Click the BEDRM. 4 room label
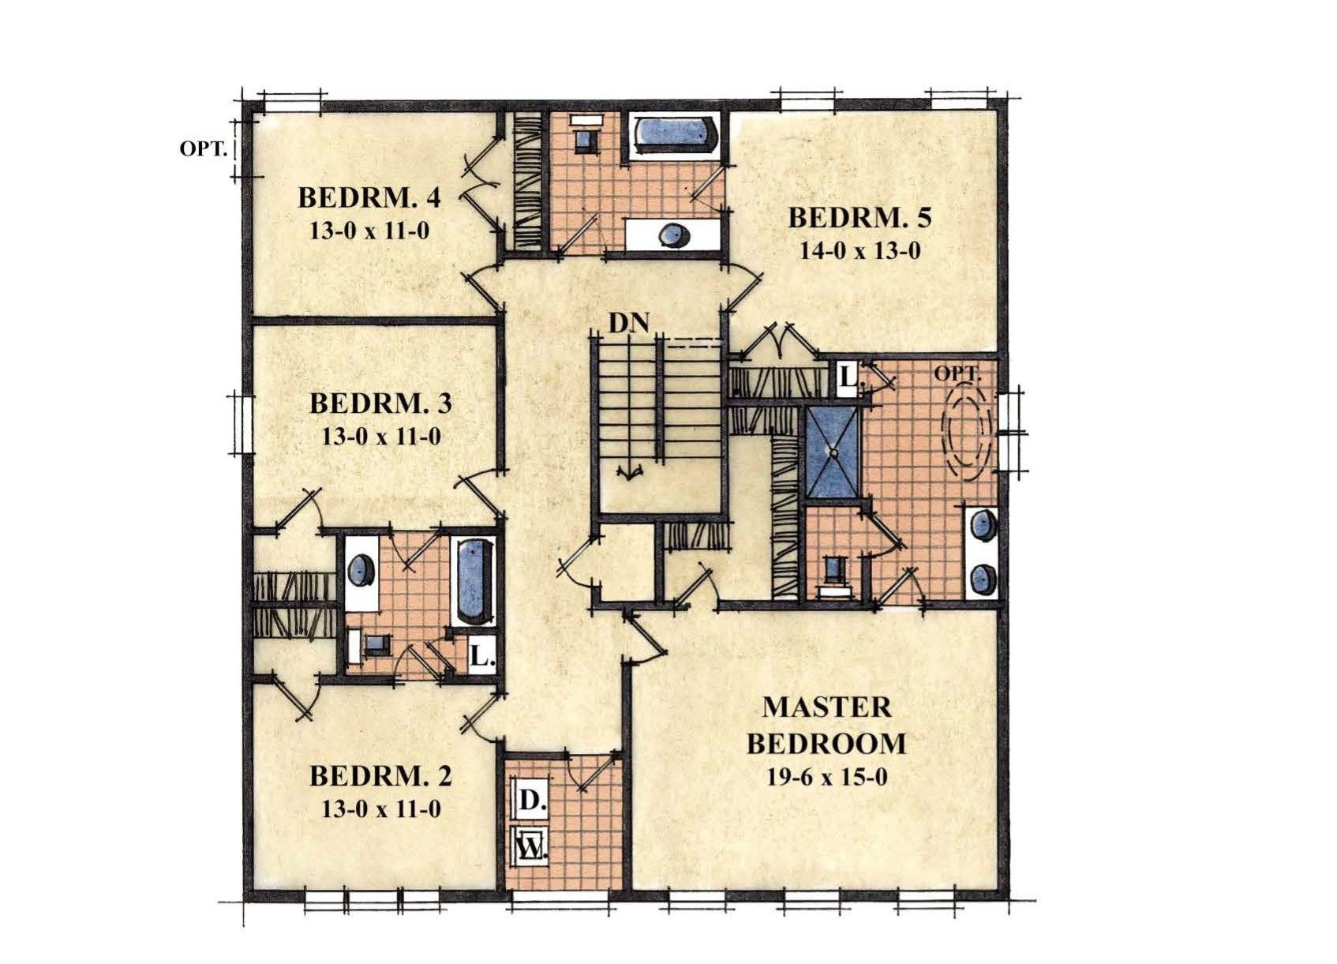pyautogui.click(x=369, y=198)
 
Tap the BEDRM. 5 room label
pyautogui.click(x=860, y=218)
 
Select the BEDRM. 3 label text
pyautogui.click(x=380, y=404)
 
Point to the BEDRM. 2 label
pyautogui.click(x=380, y=777)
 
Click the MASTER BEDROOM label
pyautogui.click(x=826, y=726)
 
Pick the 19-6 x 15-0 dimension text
pyautogui.click(x=826, y=777)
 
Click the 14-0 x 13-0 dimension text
pyautogui.click(x=860, y=251)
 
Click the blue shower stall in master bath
pyautogui.click(x=833, y=452)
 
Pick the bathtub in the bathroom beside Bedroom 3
pyautogui.click(x=476, y=580)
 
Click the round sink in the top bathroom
pyautogui.click(x=674, y=236)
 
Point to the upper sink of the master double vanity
pyautogui.click(x=981, y=526)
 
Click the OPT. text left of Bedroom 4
pyautogui.click(x=204, y=148)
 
